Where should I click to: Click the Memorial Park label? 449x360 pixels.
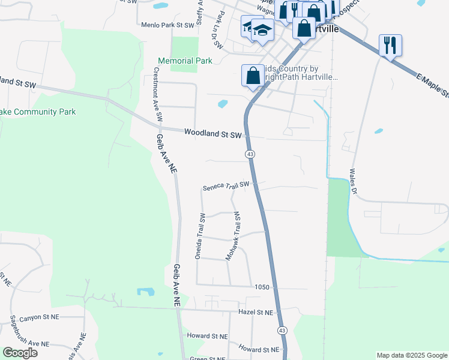pyautogui.click(x=185, y=61)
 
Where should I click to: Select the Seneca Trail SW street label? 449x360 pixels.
pyautogui.click(x=225, y=185)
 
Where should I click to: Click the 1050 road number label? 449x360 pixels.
pyautogui.click(x=261, y=287)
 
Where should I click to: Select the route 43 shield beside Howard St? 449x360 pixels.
pyautogui.click(x=282, y=331)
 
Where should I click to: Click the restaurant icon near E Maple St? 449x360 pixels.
pyautogui.click(x=390, y=45)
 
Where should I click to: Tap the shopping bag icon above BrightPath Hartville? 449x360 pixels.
pyautogui.click(x=253, y=76)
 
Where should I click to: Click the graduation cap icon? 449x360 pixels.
pyautogui.click(x=262, y=29)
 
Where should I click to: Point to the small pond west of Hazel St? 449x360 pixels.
pyautogui.click(x=145, y=292)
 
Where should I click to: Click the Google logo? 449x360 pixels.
pyautogui.click(x=20, y=353)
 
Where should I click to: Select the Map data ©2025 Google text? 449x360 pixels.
pyautogui.click(x=411, y=355)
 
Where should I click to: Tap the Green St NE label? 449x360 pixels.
pyautogui.click(x=208, y=358)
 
